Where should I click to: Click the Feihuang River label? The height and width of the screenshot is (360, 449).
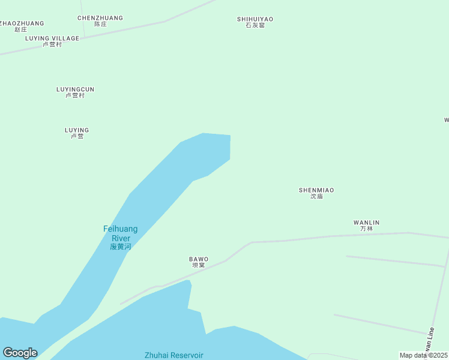120,233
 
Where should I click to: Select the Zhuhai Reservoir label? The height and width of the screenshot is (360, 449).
174,355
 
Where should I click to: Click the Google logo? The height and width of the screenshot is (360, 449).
20,353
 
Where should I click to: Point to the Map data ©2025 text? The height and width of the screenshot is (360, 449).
423,355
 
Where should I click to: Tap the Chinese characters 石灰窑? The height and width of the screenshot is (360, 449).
255,25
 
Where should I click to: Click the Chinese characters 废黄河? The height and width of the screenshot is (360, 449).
120,247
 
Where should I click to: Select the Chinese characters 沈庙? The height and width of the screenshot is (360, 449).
316,196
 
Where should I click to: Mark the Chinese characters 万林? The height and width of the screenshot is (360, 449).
366,229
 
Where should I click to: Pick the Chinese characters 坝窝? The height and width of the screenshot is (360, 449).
199,265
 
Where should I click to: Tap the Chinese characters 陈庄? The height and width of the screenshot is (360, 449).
100,24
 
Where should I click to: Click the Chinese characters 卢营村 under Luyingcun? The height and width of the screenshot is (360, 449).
75,95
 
